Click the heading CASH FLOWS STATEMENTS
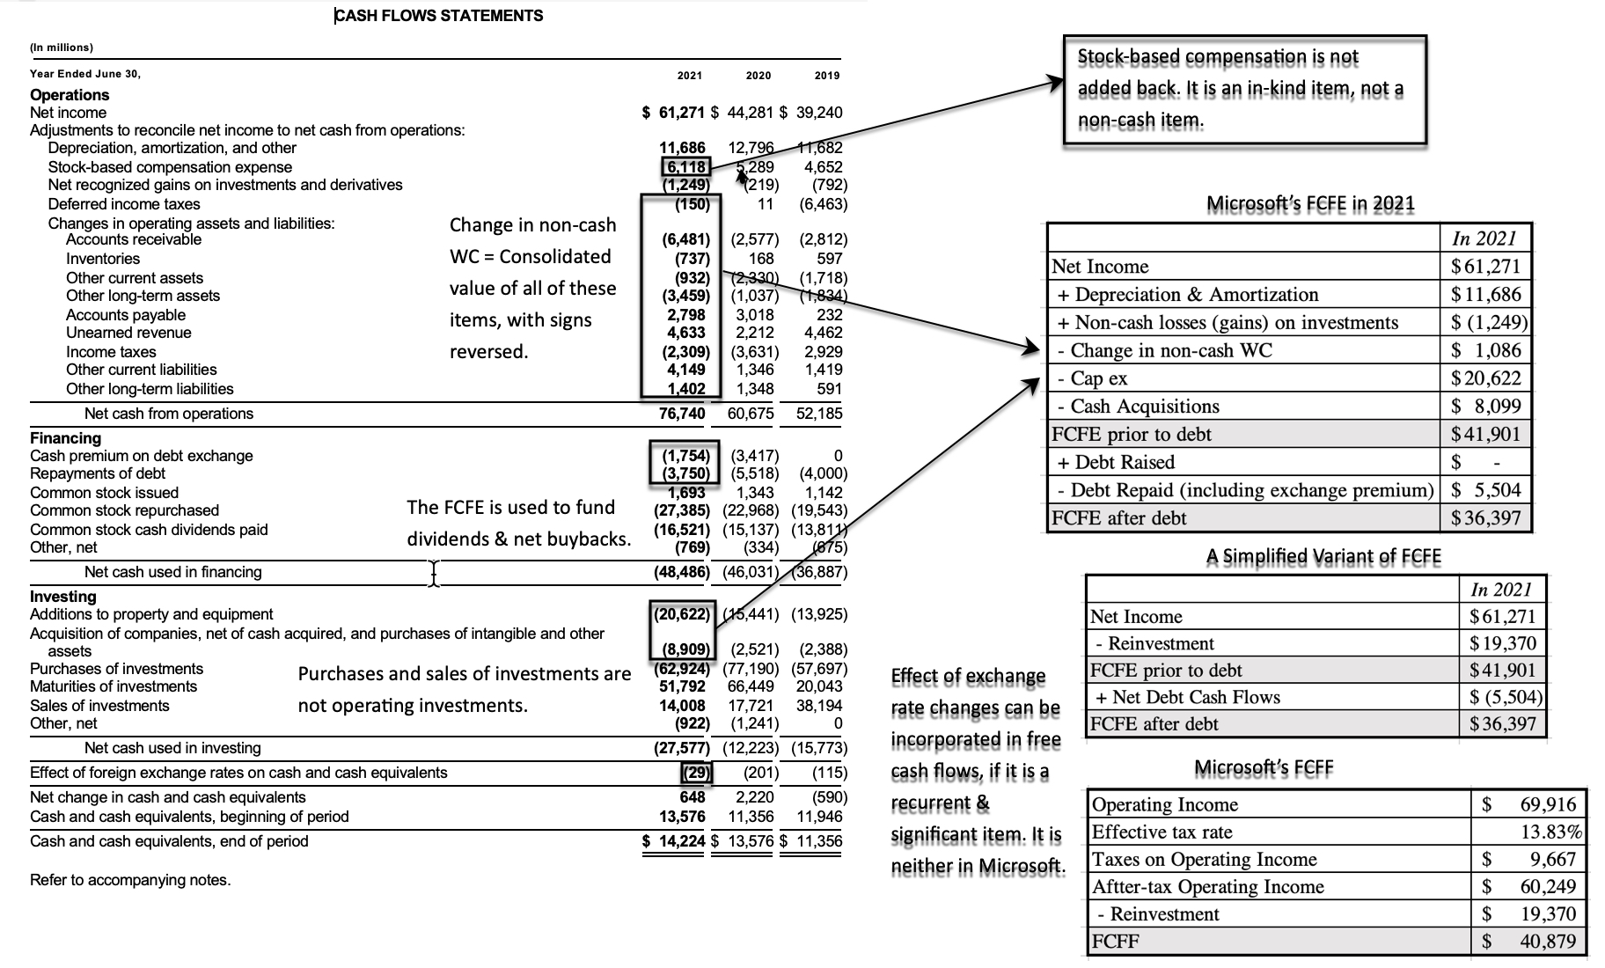pyautogui.click(x=439, y=16)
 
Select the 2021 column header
pyautogui.click(x=689, y=76)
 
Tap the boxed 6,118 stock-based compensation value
pyautogui.click(x=685, y=166)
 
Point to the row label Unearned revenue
pyautogui.click(x=128, y=333)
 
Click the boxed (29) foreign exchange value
pyautogui.click(x=697, y=773)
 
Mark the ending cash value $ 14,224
pyautogui.click(x=674, y=841)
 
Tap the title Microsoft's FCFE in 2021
pyautogui.click(x=1310, y=204)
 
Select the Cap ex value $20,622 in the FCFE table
pyautogui.click(x=1485, y=378)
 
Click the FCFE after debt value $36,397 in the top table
pyautogui.click(x=1485, y=517)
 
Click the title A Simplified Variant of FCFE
pyautogui.click(x=1323, y=556)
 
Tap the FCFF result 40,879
pyautogui.click(x=1548, y=941)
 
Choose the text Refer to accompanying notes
pyautogui.click(x=130, y=880)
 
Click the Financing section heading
pyautogui.click(x=65, y=438)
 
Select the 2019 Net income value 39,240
pyautogui.click(x=818, y=113)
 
